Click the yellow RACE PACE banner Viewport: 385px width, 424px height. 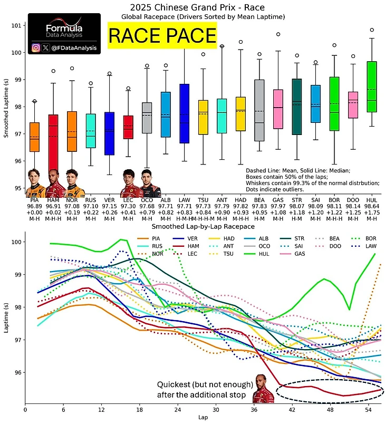(x=162, y=35)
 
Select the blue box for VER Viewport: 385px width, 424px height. (x=109, y=133)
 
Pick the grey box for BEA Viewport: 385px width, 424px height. (x=259, y=110)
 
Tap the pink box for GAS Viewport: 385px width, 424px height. (x=278, y=109)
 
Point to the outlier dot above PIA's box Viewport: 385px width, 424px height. (x=35, y=101)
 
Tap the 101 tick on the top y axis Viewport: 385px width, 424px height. (x=15, y=25)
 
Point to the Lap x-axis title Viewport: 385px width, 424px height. (x=203, y=417)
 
